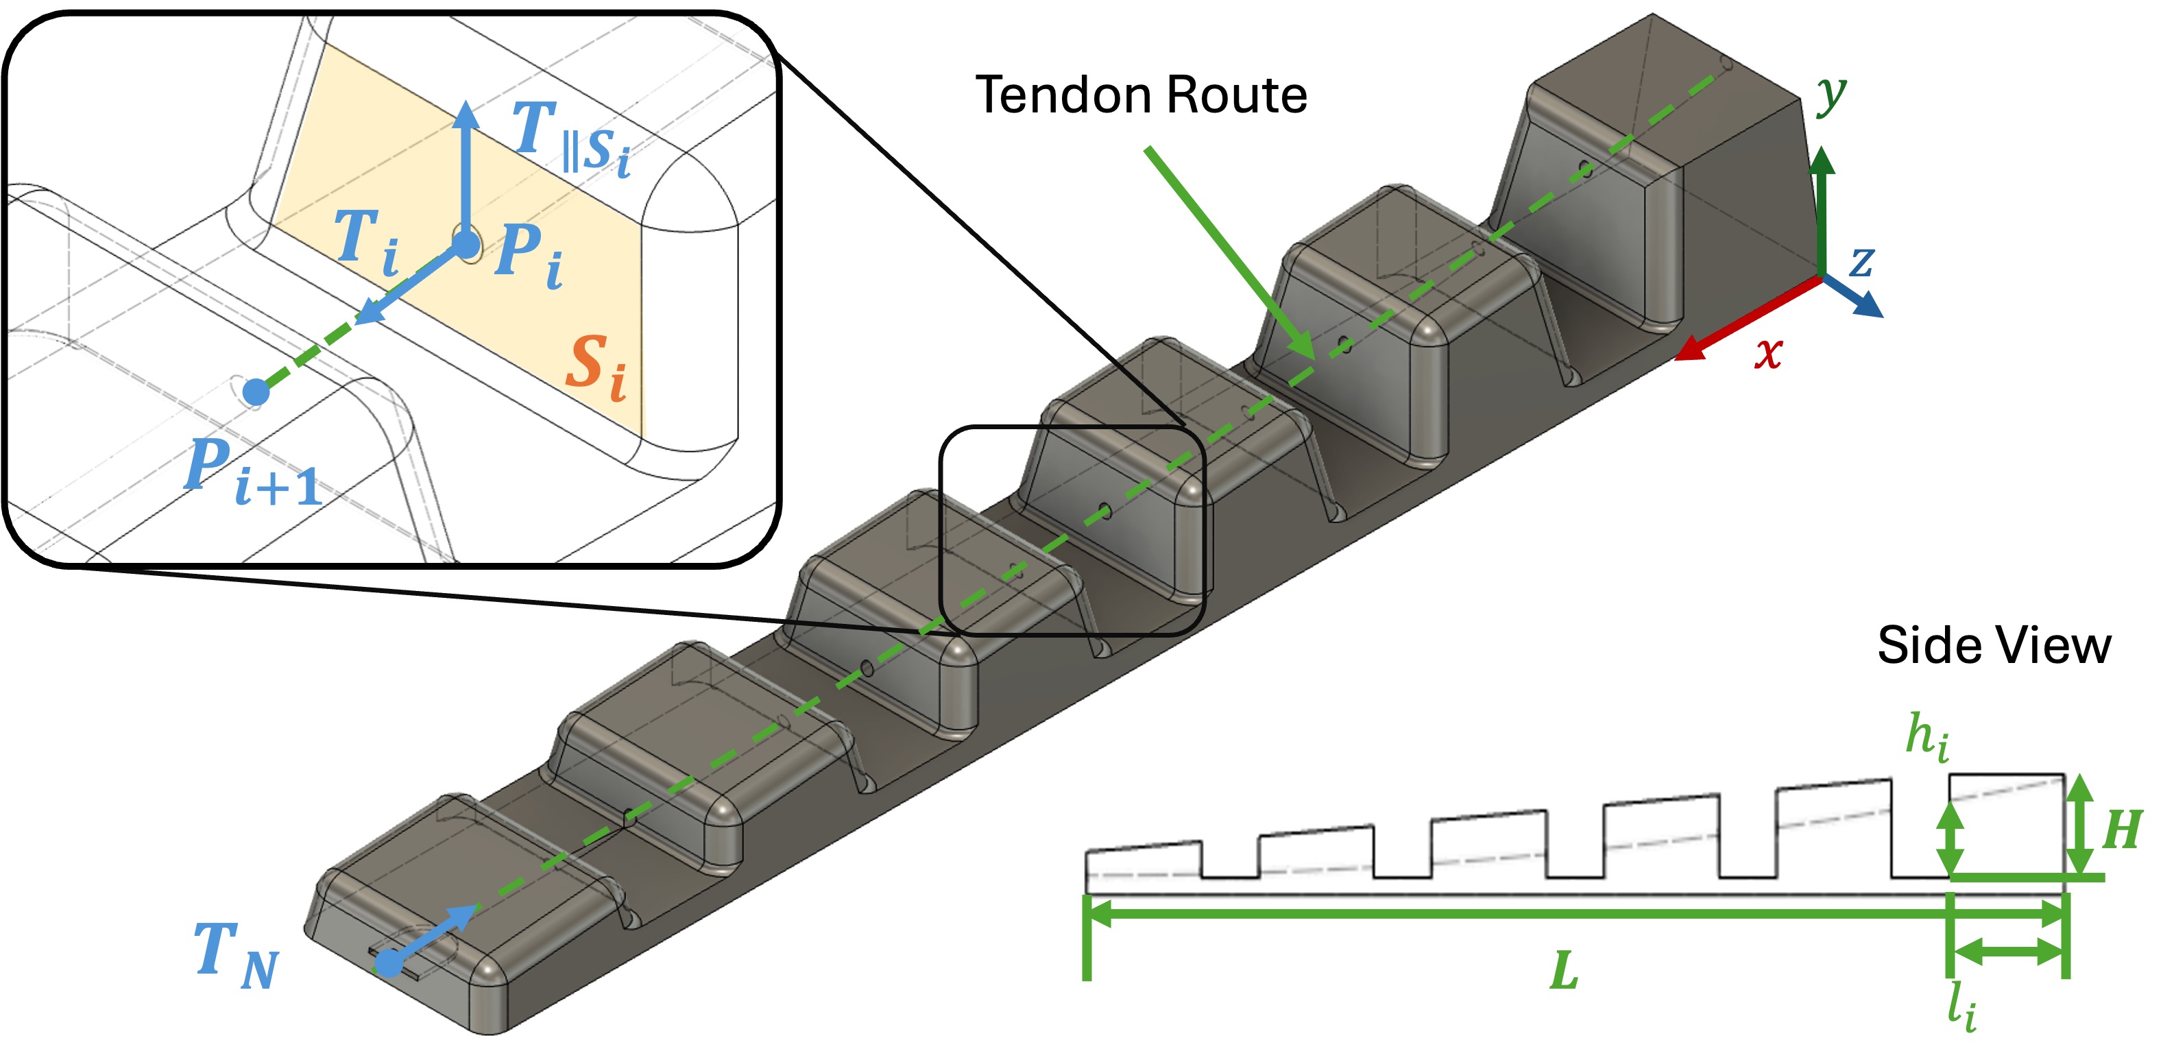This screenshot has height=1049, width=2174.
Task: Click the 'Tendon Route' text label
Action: click(1140, 95)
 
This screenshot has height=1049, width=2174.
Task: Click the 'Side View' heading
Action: click(1994, 646)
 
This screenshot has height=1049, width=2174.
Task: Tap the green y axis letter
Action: click(1831, 95)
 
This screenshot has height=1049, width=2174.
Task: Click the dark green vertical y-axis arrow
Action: click(1823, 211)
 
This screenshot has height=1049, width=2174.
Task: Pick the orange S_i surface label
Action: click(596, 367)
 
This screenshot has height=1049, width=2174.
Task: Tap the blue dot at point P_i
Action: click(465, 245)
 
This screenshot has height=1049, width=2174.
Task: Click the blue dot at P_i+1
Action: click(256, 392)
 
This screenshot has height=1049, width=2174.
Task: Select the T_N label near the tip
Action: click(235, 954)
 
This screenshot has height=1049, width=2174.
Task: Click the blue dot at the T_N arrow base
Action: click(389, 962)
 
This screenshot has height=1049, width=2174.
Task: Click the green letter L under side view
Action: click(1564, 971)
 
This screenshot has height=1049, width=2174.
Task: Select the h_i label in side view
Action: click(1927, 737)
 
